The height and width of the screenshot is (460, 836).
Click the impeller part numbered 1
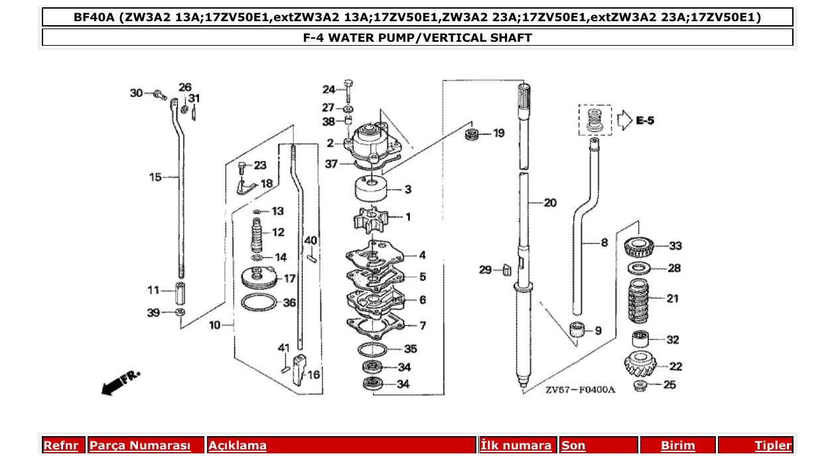click(372, 219)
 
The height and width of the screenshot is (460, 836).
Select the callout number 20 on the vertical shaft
click(550, 203)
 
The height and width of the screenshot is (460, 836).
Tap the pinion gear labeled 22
click(641, 366)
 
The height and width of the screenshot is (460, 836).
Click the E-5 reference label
click(644, 121)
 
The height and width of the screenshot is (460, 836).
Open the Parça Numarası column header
click(139, 445)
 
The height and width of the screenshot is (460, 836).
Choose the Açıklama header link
click(238, 445)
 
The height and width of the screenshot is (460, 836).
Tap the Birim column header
click(677, 445)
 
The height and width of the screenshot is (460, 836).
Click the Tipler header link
click(772, 445)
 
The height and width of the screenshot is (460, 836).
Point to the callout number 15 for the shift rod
click(155, 177)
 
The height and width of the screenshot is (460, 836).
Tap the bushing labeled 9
click(577, 329)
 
